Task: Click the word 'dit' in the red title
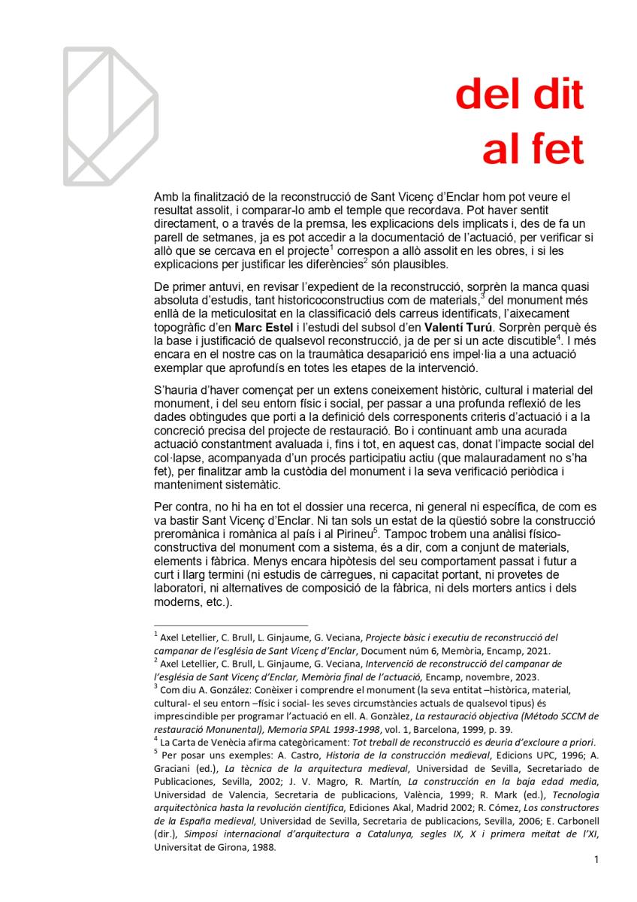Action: point(555,95)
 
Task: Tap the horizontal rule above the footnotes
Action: point(230,625)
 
